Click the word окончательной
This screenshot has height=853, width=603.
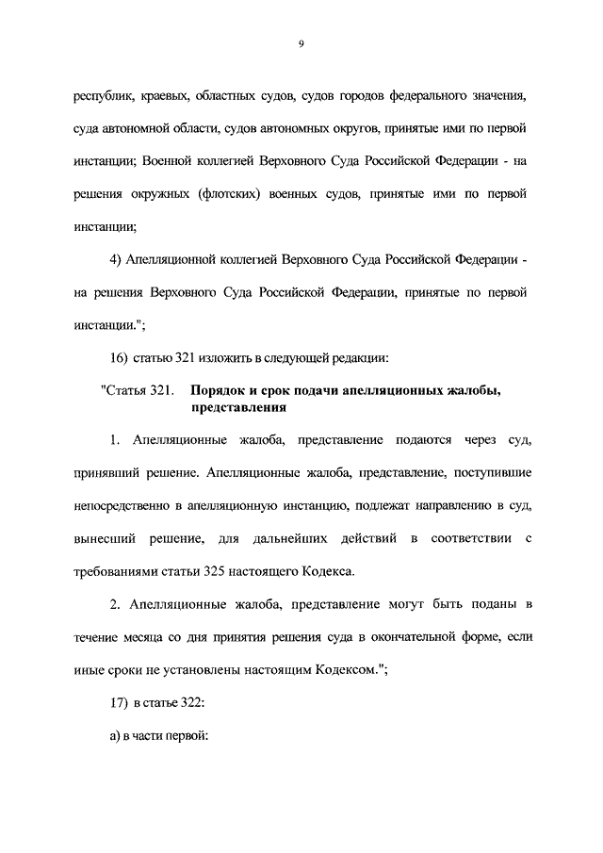pyautogui.click(x=417, y=636)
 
